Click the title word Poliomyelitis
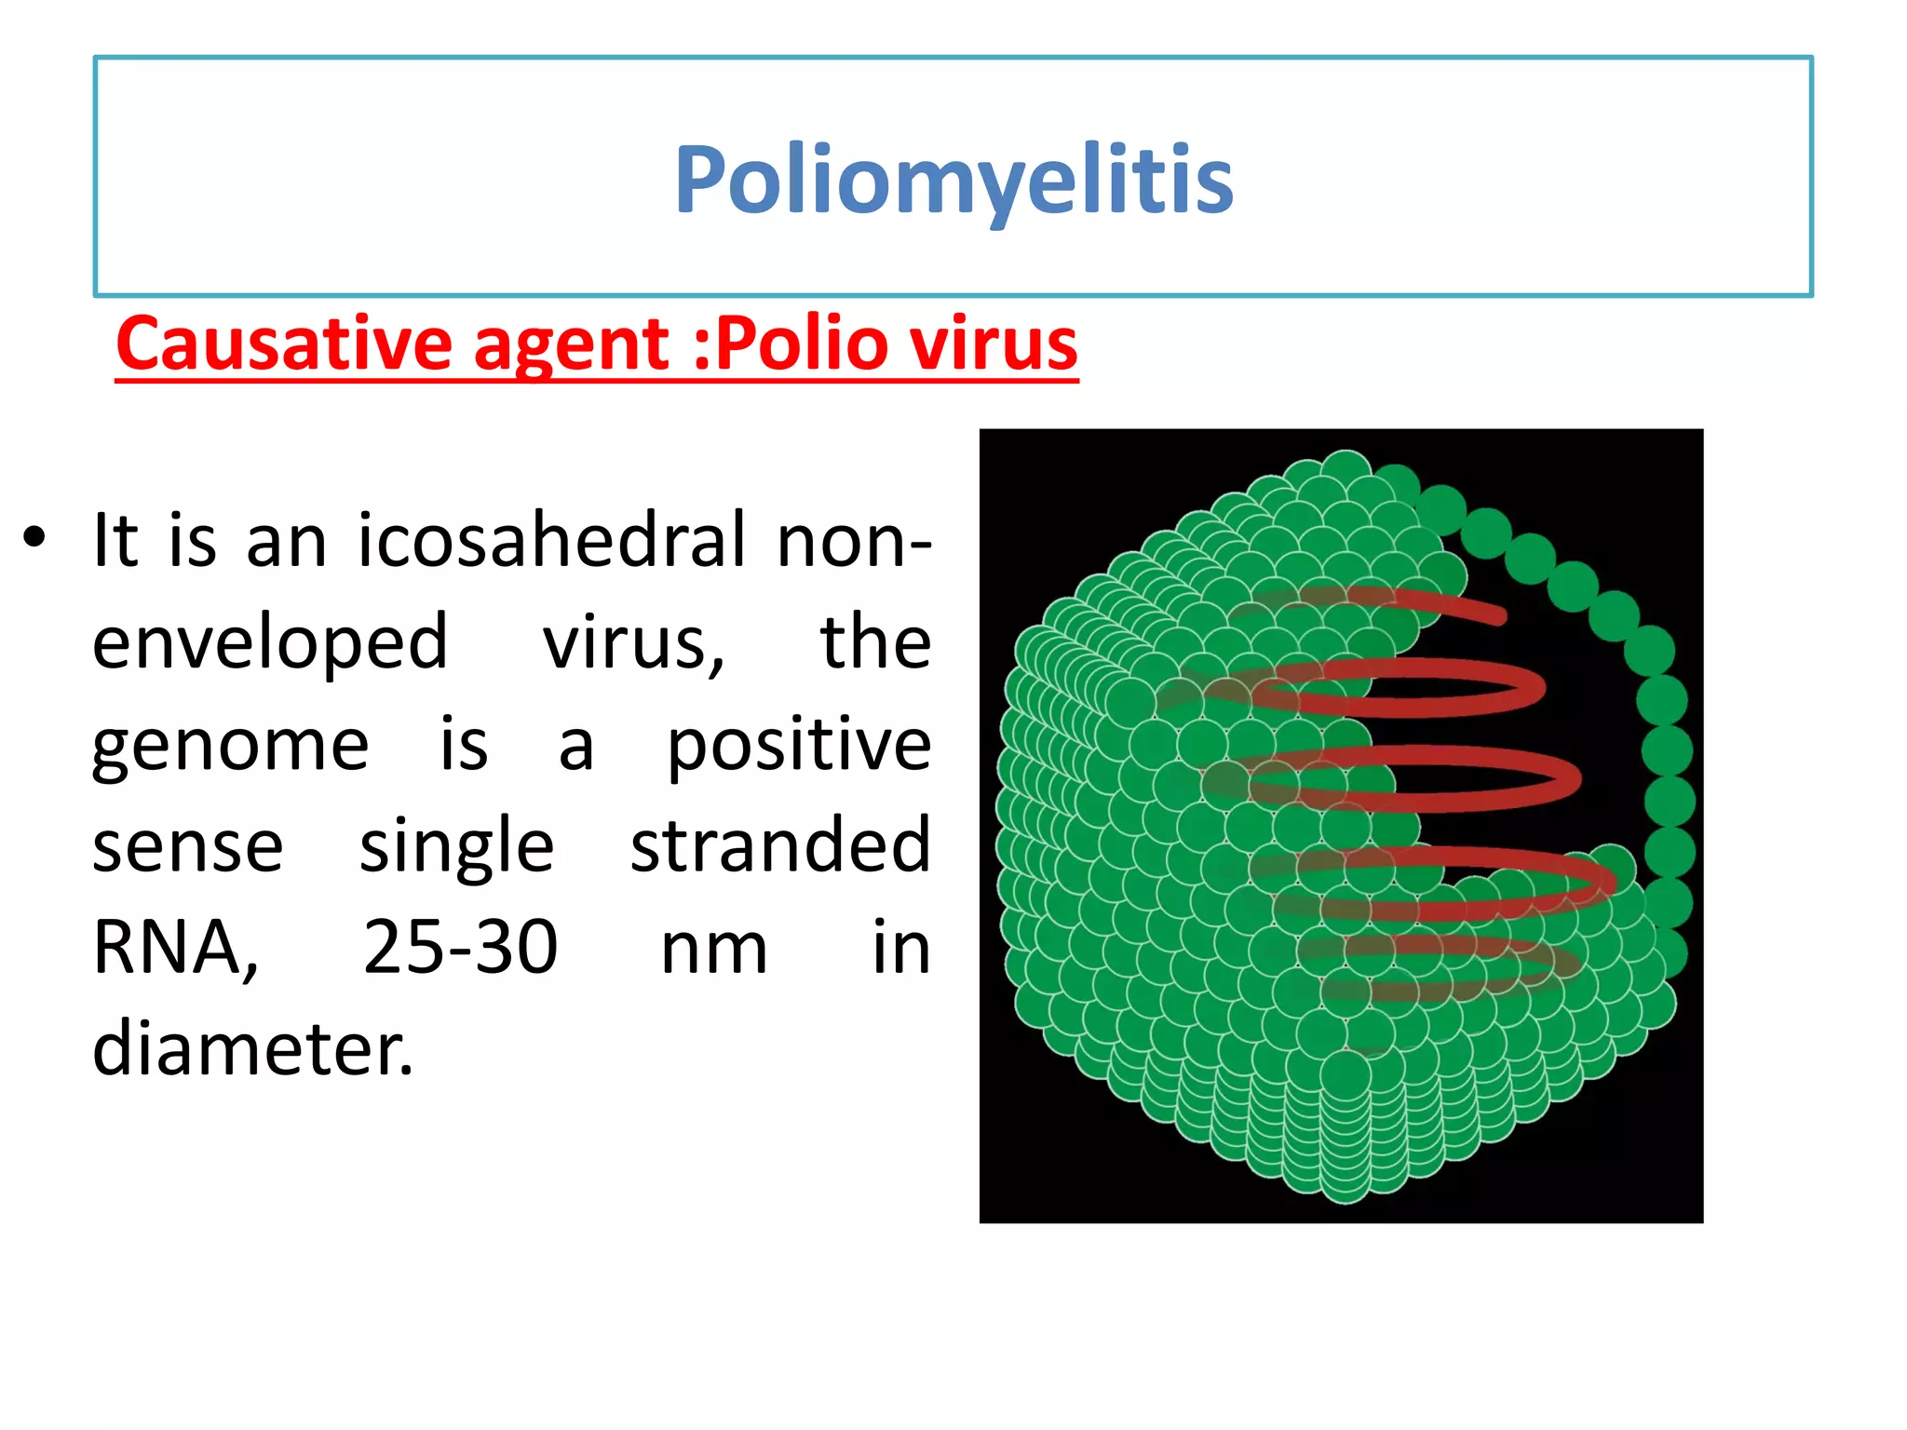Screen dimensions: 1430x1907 tap(953, 180)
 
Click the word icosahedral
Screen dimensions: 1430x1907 tap(552, 540)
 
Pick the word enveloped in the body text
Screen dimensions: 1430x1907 tap(270, 644)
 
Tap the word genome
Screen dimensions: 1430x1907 tap(230, 745)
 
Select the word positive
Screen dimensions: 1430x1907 tap(799, 745)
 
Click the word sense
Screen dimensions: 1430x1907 tap(187, 846)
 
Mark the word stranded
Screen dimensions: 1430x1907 tap(780, 845)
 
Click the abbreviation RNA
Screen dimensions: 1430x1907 tap(174, 948)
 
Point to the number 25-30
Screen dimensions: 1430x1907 tap(460, 948)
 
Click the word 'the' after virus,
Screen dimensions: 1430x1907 tap(875, 642)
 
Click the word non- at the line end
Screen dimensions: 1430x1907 tap(854, 540)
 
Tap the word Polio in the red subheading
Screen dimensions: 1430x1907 tap(802, 344)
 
